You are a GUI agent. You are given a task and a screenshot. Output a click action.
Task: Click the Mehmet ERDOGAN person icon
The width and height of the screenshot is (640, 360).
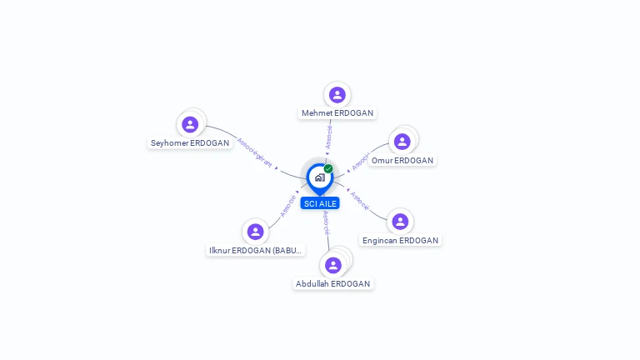(337, 95)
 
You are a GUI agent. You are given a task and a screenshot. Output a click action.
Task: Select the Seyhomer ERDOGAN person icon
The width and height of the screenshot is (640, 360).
(190, 125)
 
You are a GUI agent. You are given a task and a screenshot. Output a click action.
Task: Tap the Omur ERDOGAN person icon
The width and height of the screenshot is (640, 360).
(402, 142)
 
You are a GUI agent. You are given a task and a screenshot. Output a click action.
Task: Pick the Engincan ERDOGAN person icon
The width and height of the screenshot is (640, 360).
(400, 222)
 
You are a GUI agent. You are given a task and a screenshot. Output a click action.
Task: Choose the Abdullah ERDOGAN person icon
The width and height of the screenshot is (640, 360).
(333, 265)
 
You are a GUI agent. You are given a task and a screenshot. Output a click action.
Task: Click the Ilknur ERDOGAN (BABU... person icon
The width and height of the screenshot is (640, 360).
(255, 232)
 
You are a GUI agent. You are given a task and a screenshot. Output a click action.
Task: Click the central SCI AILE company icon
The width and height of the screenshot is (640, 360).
(319, 177)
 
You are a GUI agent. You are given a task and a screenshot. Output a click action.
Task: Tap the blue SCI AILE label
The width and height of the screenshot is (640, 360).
(320, 203)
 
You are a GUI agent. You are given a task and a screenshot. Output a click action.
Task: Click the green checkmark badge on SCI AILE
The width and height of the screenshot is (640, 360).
(328, 168)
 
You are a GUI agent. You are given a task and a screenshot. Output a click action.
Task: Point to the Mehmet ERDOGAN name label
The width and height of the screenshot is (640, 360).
(337, 113)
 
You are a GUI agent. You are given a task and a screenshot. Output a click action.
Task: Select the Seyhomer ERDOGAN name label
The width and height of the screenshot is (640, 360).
(190, 143)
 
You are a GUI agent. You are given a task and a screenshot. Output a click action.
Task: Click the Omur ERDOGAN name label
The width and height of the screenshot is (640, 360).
(402, 160)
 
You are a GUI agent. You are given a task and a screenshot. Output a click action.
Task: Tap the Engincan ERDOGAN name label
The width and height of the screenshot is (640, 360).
(400, 241)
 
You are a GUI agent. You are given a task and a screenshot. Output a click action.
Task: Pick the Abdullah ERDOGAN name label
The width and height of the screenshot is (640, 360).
(333, 284)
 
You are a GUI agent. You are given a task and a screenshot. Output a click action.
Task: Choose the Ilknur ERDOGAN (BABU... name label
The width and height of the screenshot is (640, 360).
(255, 250)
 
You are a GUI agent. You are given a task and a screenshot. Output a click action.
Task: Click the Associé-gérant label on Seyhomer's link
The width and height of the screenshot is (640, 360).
(254, 152)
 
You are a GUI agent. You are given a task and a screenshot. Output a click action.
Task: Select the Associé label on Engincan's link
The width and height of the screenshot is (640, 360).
(359, 201)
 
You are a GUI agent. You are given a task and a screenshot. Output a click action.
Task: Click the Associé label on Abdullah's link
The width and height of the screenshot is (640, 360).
(327, 222)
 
